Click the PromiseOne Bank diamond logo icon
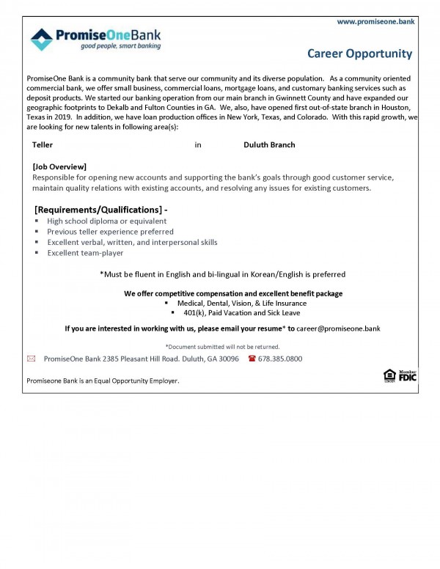click(x=42, y=39)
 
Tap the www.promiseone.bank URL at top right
click(x=375, y=22)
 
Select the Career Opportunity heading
click(x=359, y=54)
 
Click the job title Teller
click(x=43, y=145)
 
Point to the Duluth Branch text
click(x=269, y=145)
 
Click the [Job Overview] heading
click(x=59, y=166)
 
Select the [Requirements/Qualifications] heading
click(x=101, y=210)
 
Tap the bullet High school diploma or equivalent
click(x=106, y=221)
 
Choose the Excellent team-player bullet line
click(x=85, y=253)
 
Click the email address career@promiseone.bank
click(x=338, y=328)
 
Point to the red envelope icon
click(x=31, y=359)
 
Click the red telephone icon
click(x=252, y=359)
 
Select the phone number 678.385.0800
click(x=280, y=359)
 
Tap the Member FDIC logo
click(x=408, y=375)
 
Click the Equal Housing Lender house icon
click(x=389, y=376)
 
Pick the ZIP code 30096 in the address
click(x=227, y=359)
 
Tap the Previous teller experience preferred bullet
click(x=110, y=232)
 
